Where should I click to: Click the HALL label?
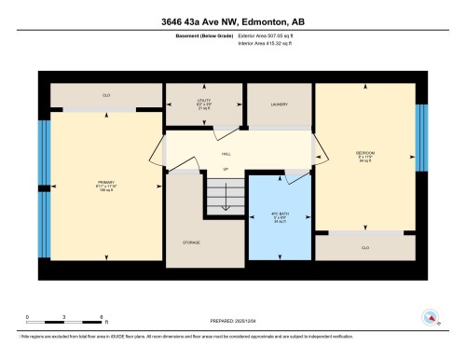tap(226, 152)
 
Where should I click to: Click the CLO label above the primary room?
tap(106, 95)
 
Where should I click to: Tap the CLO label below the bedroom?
tap(364, 248)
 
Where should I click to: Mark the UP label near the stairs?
tap(224, 169)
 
